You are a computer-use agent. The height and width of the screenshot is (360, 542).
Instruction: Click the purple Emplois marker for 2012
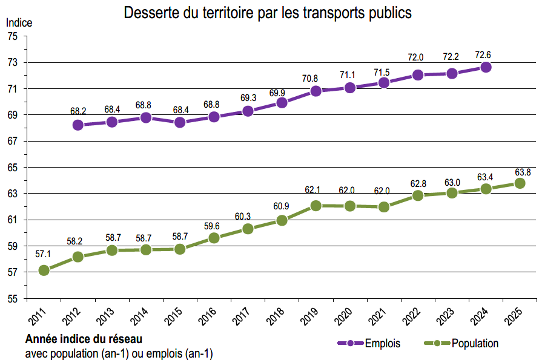78,125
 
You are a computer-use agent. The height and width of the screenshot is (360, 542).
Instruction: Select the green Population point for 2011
44,270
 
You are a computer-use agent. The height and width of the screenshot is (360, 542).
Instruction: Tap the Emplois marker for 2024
486,67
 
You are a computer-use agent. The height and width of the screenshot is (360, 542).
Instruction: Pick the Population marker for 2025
520,183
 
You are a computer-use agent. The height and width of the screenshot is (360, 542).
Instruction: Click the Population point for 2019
316,206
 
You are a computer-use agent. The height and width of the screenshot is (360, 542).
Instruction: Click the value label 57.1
44,254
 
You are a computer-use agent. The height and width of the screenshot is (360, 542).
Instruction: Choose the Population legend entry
466,343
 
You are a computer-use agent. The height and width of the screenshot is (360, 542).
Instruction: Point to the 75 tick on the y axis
13,36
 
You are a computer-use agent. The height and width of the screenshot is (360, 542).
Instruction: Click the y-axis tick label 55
13,298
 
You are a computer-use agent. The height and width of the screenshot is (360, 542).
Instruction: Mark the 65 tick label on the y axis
13,168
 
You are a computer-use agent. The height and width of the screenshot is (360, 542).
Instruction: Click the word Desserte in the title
150,13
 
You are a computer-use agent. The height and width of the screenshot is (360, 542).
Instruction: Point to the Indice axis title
19,22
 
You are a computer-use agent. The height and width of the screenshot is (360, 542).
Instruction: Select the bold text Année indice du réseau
84,339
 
